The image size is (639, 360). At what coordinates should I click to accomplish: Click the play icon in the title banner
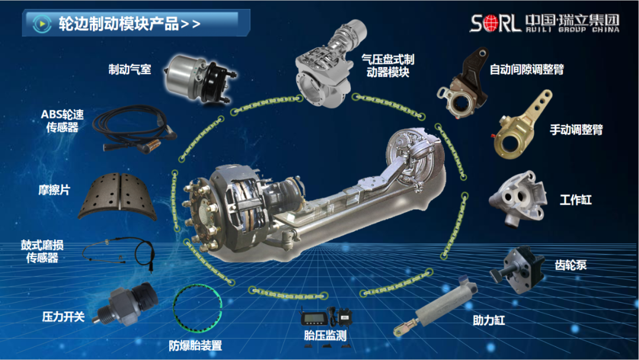pyautogui.click(x=41, y=24)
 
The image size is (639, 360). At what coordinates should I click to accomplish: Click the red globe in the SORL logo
pyautogui.click(x=490, y=23)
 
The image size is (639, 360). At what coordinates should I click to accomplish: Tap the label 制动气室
pyautogui.click(x=130, y=69)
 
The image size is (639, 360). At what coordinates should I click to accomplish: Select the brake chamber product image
pyautogui.click(x=199, y=79)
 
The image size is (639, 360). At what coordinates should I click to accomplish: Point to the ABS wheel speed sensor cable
pyautogui.click(x=134, y=129)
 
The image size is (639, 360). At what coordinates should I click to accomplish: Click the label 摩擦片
pyautogui.click(x=54, y=189)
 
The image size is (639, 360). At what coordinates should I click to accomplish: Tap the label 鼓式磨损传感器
pyautogui.click(x=43, y=252)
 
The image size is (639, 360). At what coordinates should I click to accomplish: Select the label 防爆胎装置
pyautogui.click(x=195, y=346)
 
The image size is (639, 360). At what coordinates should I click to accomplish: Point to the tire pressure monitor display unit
pyautogui.click(x=314, y=318)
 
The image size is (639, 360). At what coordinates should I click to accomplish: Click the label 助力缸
pyautogui.click(x=489, y=320)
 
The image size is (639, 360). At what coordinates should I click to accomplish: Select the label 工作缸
pyautogui.click(x=576, y=200)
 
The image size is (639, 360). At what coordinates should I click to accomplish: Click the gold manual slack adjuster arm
pyautogui.click(x=522, y=126)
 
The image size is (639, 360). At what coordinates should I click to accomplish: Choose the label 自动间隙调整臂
pyautogui.click(x=527, y=69)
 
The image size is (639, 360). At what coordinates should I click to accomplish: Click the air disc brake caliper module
pyautogui.click(x=330, y=65)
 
